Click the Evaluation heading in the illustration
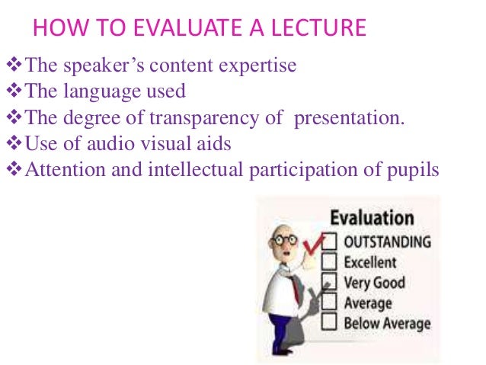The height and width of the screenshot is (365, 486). pos(371,218)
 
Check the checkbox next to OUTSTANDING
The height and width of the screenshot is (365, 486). pos(329,242)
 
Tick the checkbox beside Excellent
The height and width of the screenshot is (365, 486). pos(329,262)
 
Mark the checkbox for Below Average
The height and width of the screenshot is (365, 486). pos(329,323)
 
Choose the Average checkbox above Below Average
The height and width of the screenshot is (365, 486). pos(329,303)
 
